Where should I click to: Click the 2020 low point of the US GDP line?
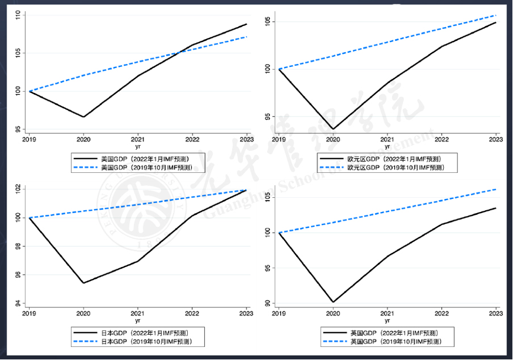click(84, 117)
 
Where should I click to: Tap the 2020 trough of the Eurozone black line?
click(333, 129)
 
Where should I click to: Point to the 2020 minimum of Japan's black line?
click(84, 283)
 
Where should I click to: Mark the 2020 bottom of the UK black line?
click(333, 302)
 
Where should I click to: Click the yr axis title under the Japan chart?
click(137, 320)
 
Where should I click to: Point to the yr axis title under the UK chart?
click(387, 320)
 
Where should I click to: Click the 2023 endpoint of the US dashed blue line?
click(246, 37)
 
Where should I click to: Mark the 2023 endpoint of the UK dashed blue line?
click(496, 189)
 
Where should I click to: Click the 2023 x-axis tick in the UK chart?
click(495, 313)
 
